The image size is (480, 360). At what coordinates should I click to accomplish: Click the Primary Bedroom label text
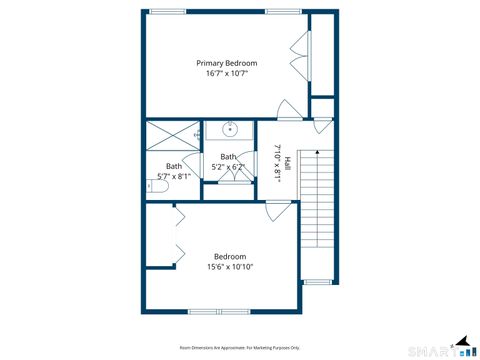pos(226,63)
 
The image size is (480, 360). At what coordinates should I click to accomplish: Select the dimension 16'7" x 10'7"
pos(226,73)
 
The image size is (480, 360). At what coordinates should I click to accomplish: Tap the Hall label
pos(287,164)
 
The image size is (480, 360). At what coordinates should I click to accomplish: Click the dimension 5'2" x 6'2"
pos(228,167)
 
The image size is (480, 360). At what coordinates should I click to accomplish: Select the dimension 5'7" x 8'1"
pos(174,176)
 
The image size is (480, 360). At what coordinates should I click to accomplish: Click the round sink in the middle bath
pos(229,130)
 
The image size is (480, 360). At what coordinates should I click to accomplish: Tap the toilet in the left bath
pos(197,133)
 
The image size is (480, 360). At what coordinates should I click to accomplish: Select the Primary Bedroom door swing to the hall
pos(288,110)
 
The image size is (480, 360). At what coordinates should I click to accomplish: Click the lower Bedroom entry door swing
pos(279,211)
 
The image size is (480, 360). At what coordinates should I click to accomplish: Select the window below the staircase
pos(318,281)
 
